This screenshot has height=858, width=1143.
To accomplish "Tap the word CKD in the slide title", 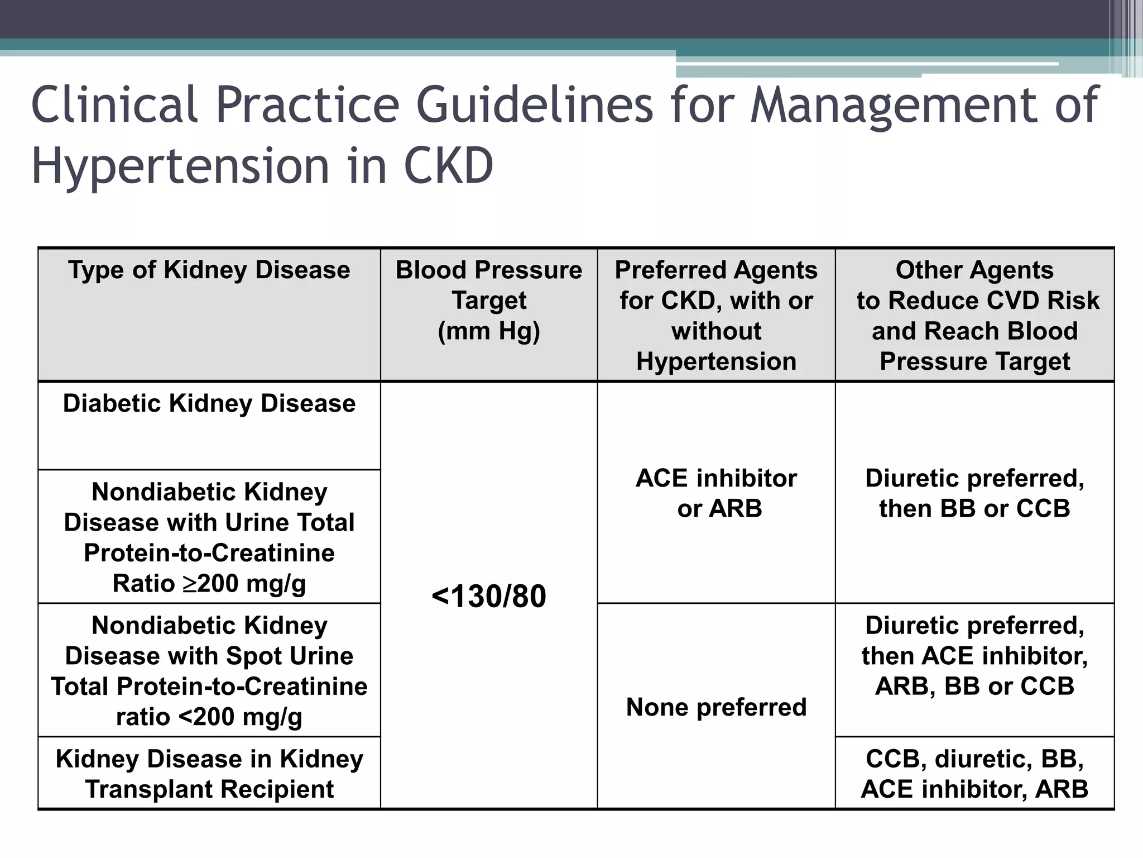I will [x=448, y=166].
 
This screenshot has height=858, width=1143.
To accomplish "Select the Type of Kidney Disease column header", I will [x=209, y=270].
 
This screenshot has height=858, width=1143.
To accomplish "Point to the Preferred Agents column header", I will [x=716, y=316].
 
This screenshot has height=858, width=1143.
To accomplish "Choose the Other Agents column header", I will [x=974, y=316].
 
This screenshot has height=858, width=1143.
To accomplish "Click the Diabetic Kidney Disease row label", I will [x=209, y=403].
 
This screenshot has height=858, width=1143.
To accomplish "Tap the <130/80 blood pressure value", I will [x=489, y=596].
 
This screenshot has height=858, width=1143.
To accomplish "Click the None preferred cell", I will [x=716, y=707].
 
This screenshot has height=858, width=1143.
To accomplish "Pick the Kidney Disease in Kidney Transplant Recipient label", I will [x=209, y=774].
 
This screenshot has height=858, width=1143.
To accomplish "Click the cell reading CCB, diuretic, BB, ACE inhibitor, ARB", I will [x=974, y=774].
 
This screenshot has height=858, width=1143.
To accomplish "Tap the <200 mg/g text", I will [x=241, y=717].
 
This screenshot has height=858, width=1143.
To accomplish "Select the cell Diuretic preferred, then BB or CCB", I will [x=974, y=493].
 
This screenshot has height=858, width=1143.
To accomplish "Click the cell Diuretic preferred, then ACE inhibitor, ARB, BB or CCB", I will [x=974, y=656].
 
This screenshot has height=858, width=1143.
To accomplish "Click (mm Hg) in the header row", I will [x=489, y=331].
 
